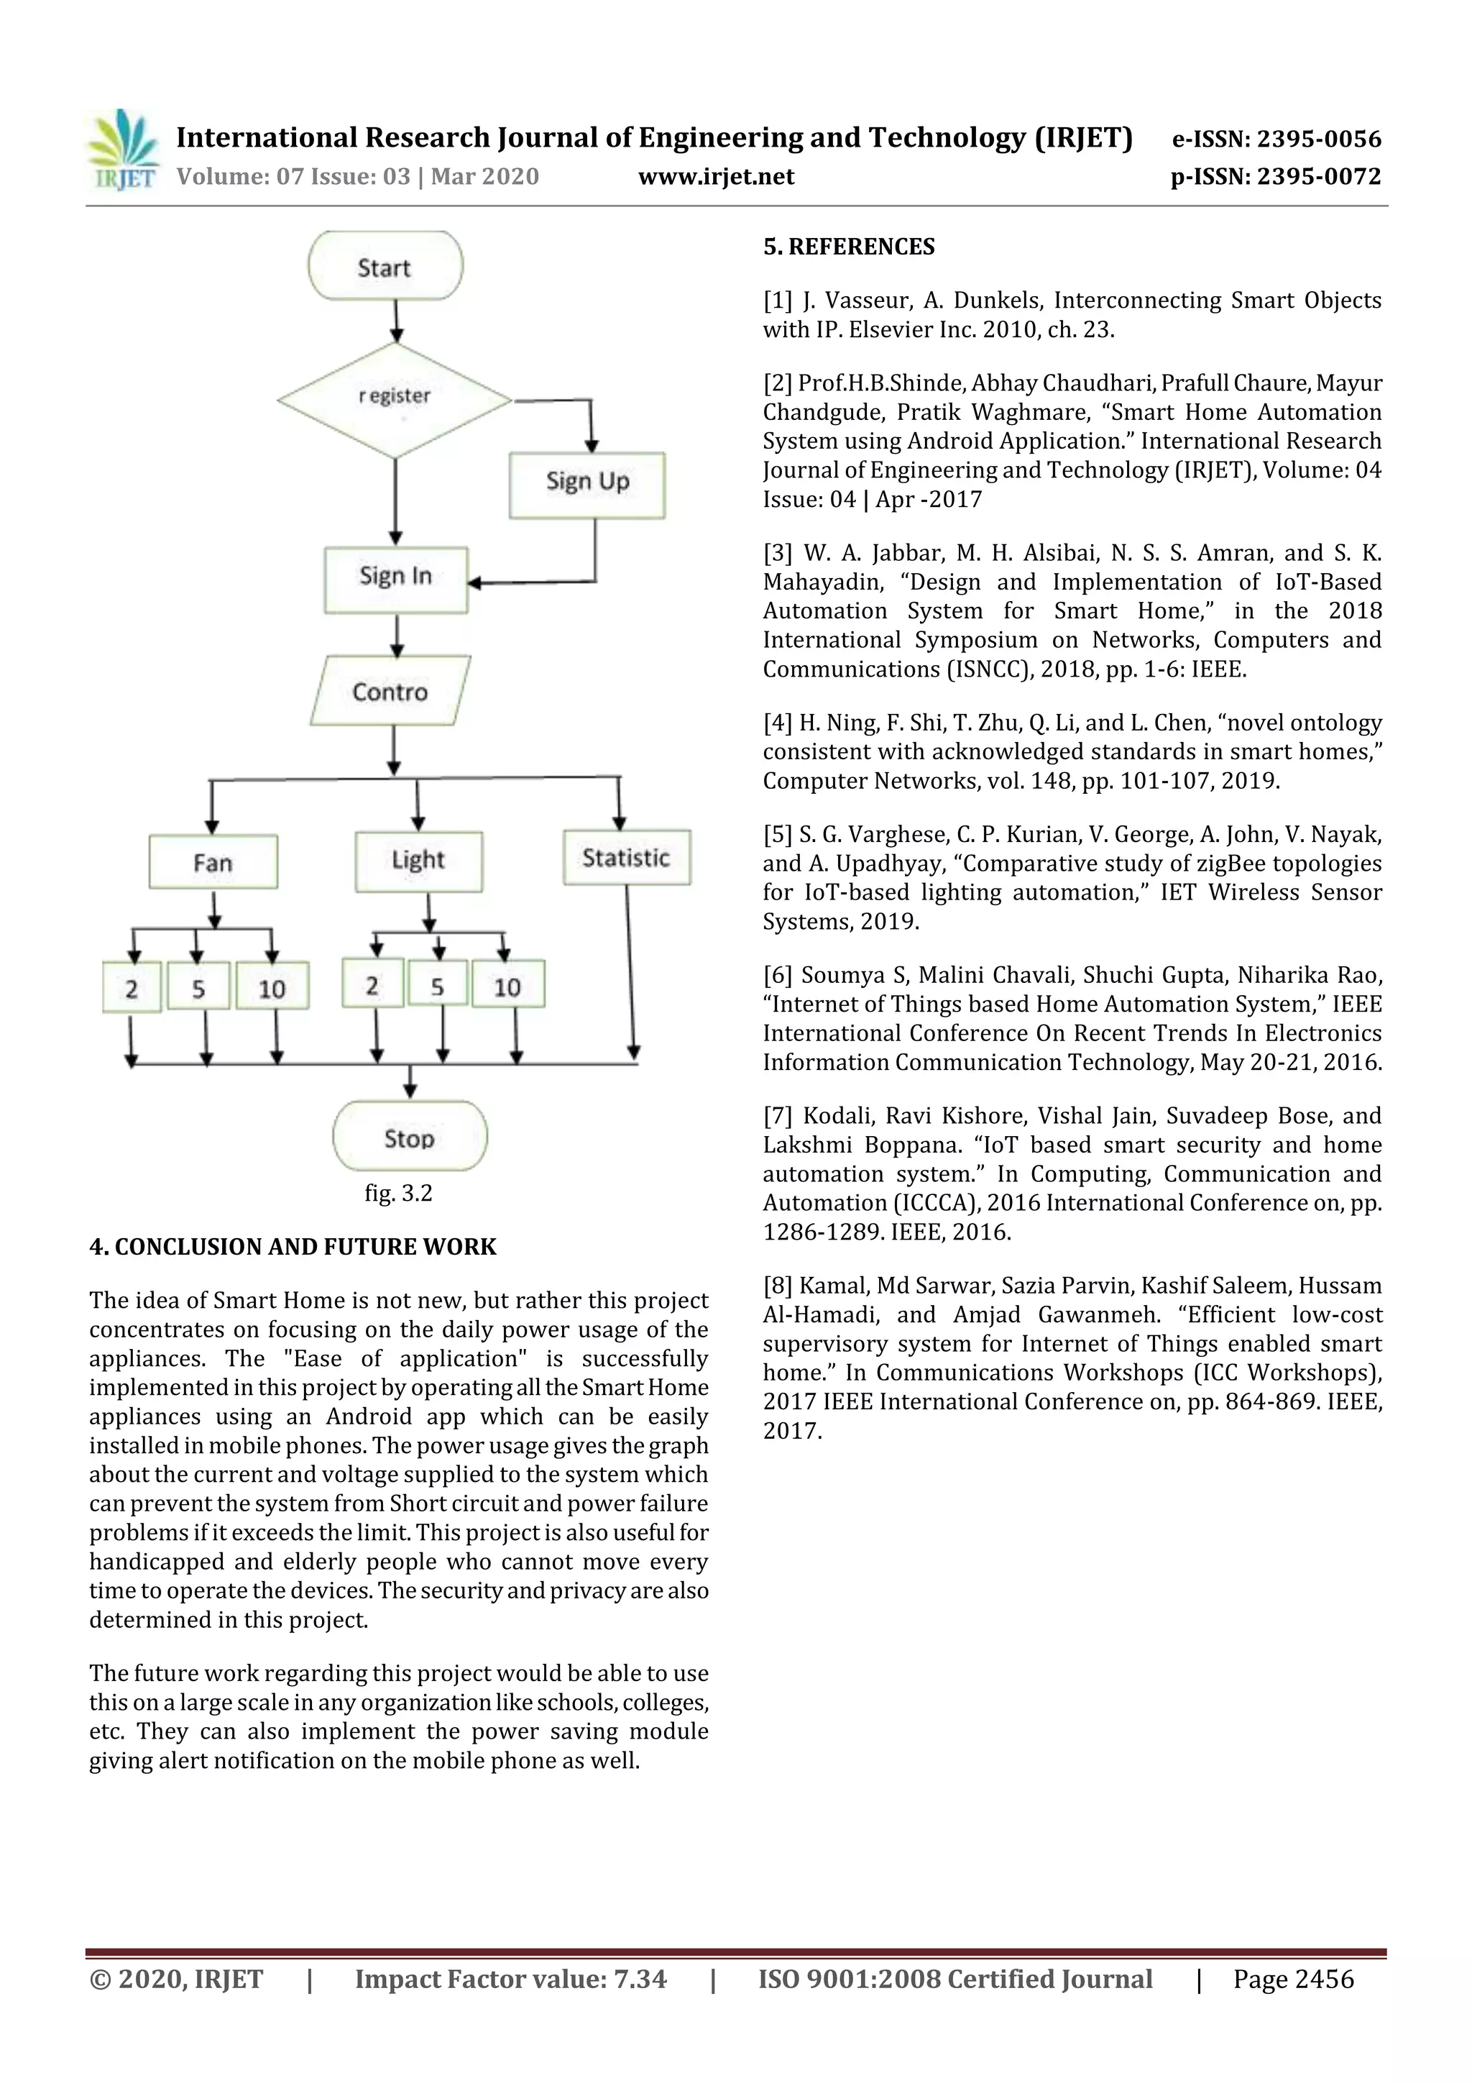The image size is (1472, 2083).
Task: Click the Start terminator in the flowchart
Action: point(385,266)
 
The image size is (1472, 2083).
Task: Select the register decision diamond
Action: point(395,399)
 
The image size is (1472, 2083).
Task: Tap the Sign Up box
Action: point(586,485)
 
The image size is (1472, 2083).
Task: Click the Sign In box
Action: point(396,579)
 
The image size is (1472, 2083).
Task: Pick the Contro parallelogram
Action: point(390,691)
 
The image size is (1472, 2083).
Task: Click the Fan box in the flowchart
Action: point(213,861)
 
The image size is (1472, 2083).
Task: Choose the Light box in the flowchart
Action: point(418,860)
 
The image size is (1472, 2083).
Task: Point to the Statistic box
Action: point(626,857)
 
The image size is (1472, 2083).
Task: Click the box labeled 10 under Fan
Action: point(272,987)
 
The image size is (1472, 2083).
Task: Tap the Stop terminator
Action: point(410,1137)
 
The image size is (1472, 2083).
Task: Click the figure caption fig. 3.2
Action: point(398,1193)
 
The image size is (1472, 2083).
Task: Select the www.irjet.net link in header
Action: point(716,176)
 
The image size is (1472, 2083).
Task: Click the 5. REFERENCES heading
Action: point(848,247)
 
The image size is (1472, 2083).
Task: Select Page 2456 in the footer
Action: point(1292,1979)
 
